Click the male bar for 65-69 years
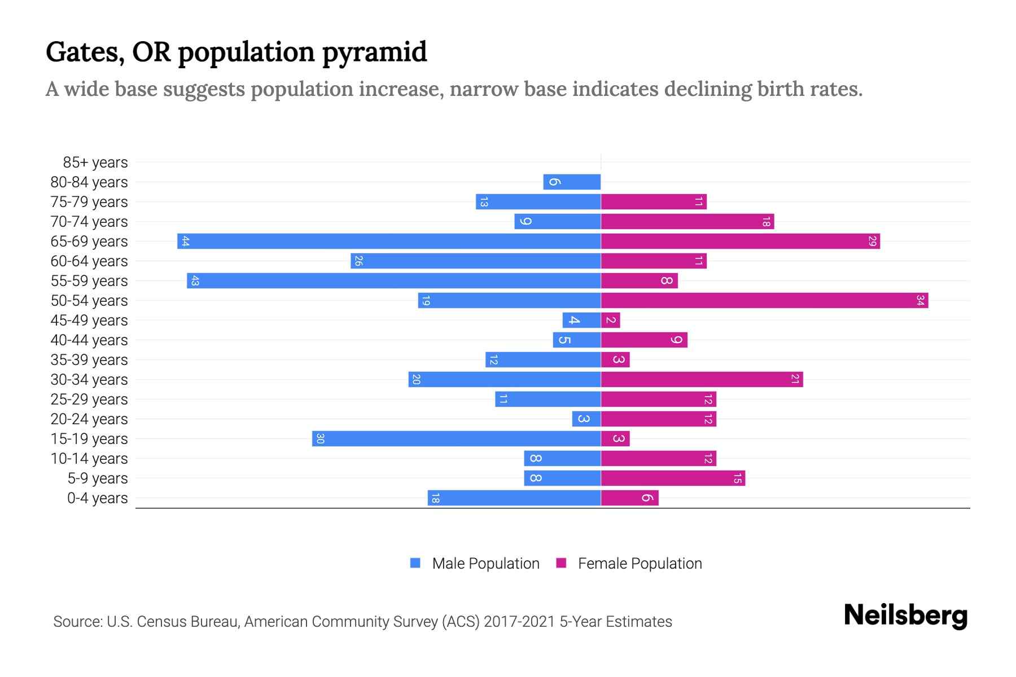click(389, 241)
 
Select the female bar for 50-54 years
click(764, 300)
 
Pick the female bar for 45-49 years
click(611, 320)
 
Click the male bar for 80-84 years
click(572, 182)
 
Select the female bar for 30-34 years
click(702, 379)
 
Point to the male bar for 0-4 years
click(514, 498)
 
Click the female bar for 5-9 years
click(673, 478)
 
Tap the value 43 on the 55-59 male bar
click(195, 280)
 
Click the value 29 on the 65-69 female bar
click(872, 241)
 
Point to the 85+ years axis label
click(95, 162)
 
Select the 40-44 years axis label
click(89, 340)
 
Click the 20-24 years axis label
click(89, 419)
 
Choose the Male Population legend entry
click(485, 563)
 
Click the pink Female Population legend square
click(561, 563)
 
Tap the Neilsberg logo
click(905, 616)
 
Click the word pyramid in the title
click(375, 52)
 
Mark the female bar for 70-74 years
click(687, 221)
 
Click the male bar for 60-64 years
click(475, 261)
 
